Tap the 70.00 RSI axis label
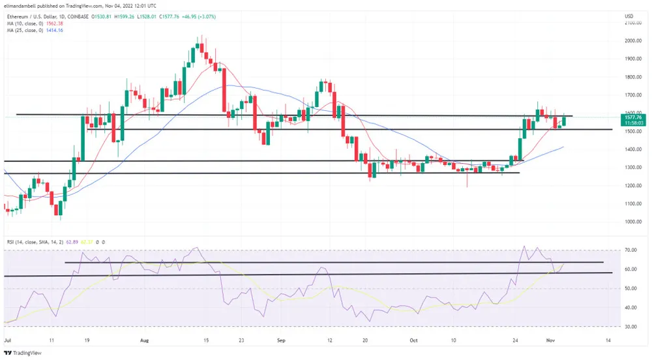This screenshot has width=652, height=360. (x=630, y=250)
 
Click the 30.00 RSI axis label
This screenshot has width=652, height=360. (x=630, y=326)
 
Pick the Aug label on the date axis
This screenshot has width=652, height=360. (x=145, y=340)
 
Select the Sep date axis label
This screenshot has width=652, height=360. (x=281, y=340)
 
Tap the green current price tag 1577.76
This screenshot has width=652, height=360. (x=634, y=118)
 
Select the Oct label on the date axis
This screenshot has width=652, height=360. (x=413, y=340)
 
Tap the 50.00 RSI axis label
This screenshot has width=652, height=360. (x=630, y=288)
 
